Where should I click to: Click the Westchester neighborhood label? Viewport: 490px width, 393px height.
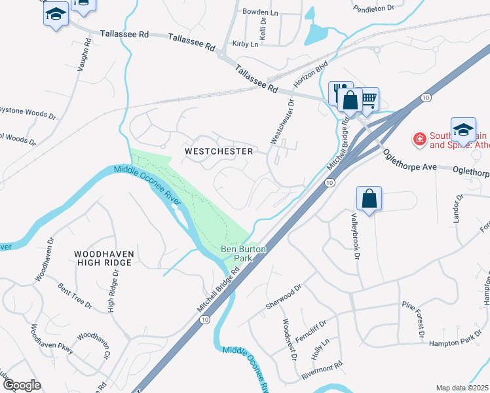[x=219, y=151]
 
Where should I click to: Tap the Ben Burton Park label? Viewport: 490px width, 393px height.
[x=237, y=253]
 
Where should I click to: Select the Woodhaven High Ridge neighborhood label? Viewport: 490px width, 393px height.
[x=104, y=257]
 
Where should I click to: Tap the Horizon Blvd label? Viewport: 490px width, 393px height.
[x=311, y=76]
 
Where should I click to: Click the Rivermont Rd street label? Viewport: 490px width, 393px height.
[x=322, y=371]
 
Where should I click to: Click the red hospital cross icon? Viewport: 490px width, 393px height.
[x=418, y=139]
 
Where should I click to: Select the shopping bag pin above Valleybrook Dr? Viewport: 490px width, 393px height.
[x=369, y=198]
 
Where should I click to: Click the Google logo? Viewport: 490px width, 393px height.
[x=22, y=385]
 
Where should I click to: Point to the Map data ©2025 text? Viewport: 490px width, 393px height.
[x=462, y=388]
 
